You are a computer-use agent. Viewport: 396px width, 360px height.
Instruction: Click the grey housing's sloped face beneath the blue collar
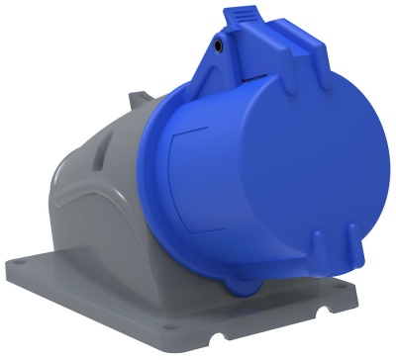[148, 247]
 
